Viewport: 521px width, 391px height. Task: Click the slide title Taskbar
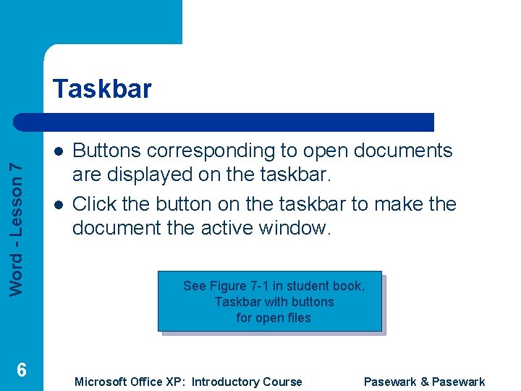pyautogui.click(x=102, y=89)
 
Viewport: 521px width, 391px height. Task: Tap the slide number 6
pyautogui.click(x=22, y=370)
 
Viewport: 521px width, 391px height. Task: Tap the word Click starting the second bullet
pyautogui.click(x=93, y=204)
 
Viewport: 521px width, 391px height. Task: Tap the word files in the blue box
pyautogui.click(x=297, y=318)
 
